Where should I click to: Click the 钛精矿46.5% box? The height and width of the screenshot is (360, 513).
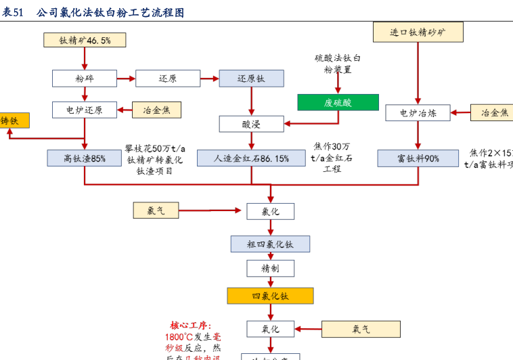(x=85, y=40)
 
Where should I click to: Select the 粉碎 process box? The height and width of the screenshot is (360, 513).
(x=85, y=78)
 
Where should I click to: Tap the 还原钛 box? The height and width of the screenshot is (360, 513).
(x=251, y=78)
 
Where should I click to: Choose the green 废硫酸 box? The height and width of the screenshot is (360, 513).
(x=338, y=103)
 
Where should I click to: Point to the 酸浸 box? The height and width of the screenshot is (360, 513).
(x=251, y=124)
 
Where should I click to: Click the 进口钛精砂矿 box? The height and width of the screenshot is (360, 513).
(x=418, y=32)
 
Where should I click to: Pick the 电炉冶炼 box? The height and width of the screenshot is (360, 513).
(x=418, y=112)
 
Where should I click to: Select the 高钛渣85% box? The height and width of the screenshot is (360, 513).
(x=85, y=158)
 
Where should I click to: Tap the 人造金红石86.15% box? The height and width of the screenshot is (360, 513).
(x=251, y=158)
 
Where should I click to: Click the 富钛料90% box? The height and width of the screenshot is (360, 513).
(x=418, y=158)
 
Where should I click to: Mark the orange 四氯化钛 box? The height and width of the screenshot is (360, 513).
(x=270, y=296)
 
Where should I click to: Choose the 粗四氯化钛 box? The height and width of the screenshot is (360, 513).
(x=270, y=244)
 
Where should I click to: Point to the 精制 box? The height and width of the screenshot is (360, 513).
(x=270, y=269)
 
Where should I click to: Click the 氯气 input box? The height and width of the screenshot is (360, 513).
(x=156, y=210)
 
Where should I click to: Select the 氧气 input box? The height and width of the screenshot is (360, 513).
(x=361, y=330)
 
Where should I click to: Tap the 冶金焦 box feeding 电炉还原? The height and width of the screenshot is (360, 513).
(x=156, y=110)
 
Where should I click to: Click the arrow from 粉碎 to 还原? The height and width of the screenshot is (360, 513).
(x=126, y=78)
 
